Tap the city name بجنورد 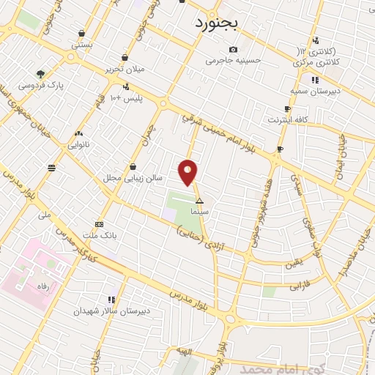[223, 22]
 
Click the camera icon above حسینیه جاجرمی [233, 49]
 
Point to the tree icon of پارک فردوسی [40, 73]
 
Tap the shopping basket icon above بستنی [81, 32]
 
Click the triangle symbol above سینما [199, 200]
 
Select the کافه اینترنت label [289, 119]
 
